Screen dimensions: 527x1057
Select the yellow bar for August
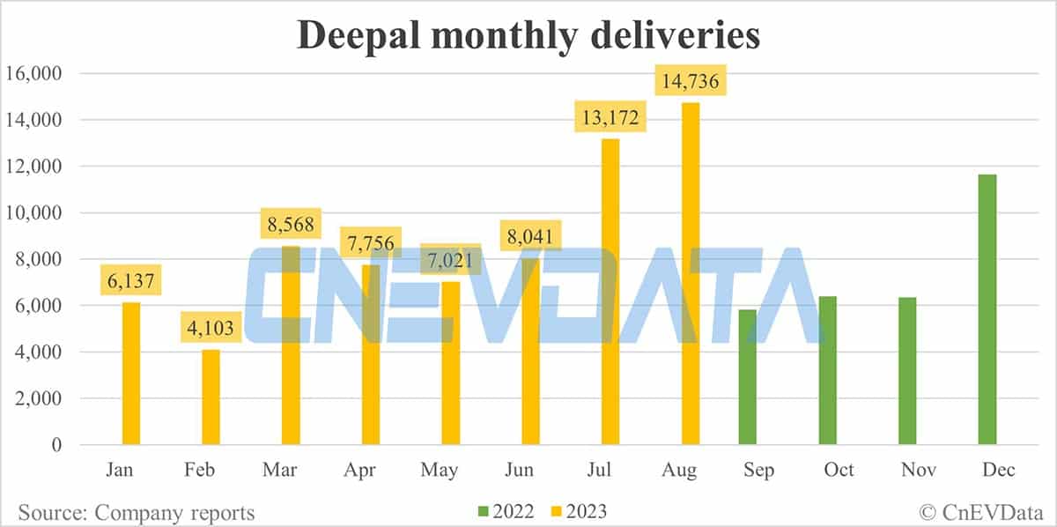[x=690, y=273]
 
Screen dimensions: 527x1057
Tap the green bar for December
[x=987, y=308]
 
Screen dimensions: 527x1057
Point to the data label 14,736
[x=690, y=82]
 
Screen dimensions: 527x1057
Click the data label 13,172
[x=610, y=117]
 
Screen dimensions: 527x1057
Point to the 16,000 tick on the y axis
[x=33, y=73]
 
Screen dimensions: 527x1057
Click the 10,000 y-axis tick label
[x=33, y=212]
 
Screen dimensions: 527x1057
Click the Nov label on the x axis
[x=919, y=471]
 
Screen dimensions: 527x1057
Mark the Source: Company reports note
[x=136, y=512]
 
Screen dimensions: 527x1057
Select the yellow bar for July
[x=610, y=291]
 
